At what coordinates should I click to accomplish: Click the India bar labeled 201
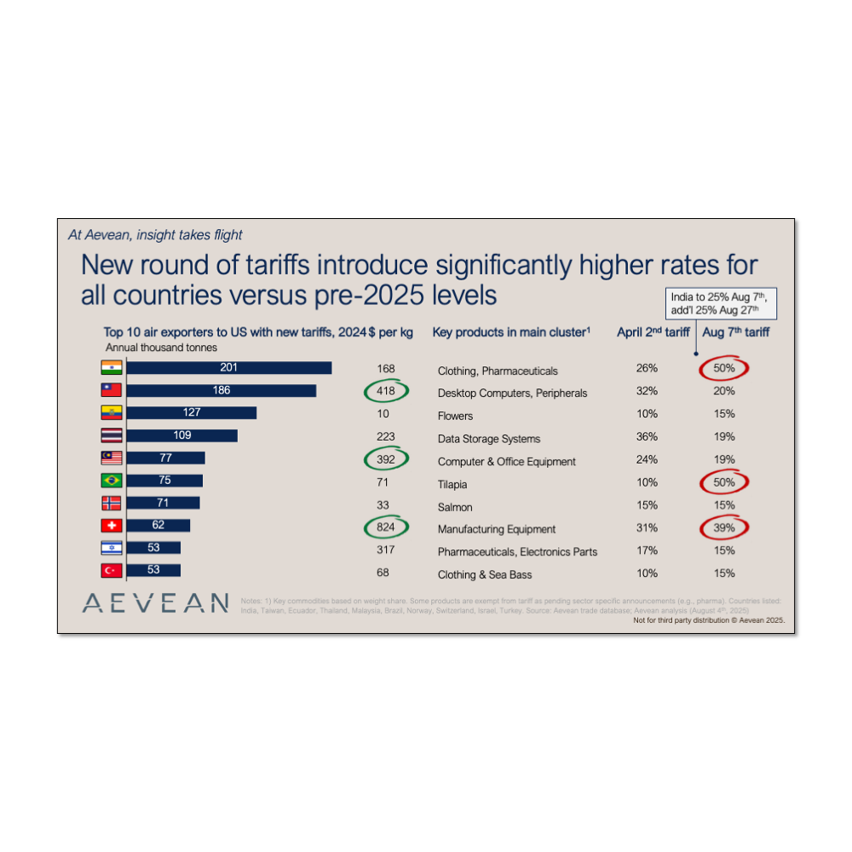coord(228,368)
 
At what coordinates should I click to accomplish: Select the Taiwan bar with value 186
coord(221,390)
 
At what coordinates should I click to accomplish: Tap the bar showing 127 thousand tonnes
coord(191,412)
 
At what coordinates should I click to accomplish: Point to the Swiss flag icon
coord(112,526)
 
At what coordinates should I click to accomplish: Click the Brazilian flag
coord(112,481)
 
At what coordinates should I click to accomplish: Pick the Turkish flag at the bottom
coord(112,571)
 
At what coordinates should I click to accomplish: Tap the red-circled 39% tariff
coord(724,528)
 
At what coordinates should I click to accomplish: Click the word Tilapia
coord(452,484)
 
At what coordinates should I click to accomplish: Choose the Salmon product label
coord(455,507)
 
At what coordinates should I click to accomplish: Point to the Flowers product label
coord(455,416)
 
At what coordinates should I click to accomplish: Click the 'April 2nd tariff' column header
coord(653,332)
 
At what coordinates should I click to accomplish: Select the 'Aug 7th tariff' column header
coord(736,332)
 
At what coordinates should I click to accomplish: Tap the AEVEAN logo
coord(156,603)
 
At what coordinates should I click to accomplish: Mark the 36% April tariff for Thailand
coord(647,437)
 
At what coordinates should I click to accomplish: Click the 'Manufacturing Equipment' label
coord(497,529)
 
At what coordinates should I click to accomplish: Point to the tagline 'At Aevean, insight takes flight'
coord(155,235)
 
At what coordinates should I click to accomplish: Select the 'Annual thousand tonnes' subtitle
coord(161,348)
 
